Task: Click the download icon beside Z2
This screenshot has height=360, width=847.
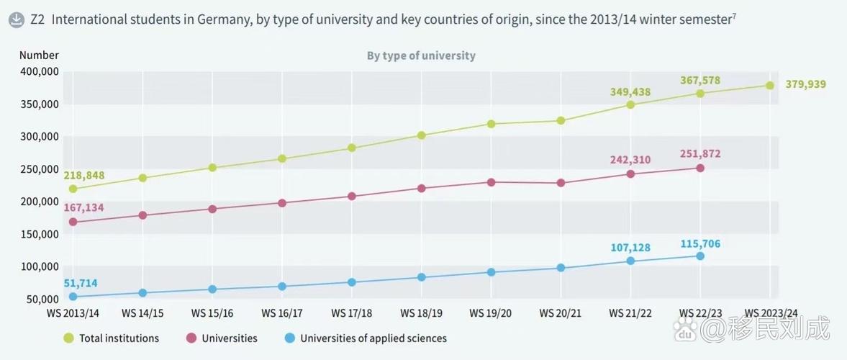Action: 17,21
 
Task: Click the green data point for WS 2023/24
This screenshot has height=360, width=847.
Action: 770,86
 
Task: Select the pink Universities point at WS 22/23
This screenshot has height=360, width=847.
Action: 700,168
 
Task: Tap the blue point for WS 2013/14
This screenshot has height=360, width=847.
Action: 73,297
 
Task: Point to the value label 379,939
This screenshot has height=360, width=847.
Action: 805,84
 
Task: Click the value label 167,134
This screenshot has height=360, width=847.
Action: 83,207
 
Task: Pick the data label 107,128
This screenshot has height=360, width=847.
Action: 630,248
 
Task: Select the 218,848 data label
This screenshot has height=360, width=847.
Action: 83,176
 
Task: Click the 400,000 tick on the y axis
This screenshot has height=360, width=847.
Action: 39,72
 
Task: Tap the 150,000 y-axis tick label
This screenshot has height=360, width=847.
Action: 39,234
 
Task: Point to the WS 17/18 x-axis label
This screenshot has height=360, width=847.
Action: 352,313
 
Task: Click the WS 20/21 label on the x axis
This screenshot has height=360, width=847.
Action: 561,313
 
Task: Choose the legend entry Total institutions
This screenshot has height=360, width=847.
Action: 112,338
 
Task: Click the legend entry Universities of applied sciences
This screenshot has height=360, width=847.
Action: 365,338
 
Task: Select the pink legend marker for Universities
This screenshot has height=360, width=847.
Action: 191,338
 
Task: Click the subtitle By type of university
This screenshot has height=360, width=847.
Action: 421,55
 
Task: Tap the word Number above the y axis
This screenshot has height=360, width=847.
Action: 39,55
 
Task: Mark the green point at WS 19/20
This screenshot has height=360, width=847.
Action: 491,124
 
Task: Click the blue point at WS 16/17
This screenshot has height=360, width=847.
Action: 282,286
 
